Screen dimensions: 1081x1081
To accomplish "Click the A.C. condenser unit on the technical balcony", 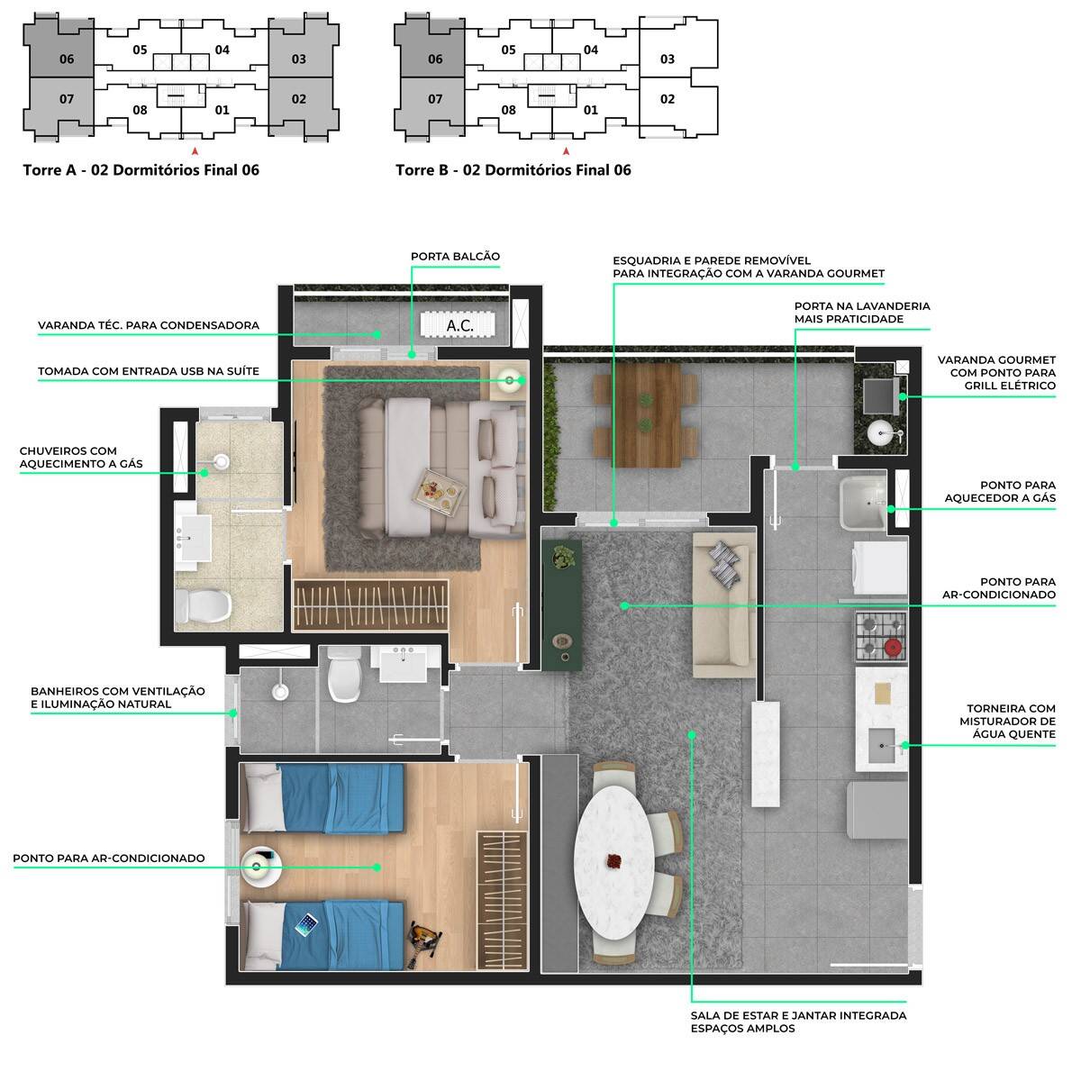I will [459, 325].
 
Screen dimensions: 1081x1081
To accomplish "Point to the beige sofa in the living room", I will [722, 604].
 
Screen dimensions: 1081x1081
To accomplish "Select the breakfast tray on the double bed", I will [439, 494].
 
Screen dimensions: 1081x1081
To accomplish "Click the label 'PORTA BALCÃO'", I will [455, 257].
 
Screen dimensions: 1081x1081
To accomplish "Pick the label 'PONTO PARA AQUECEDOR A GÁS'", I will [999, 492].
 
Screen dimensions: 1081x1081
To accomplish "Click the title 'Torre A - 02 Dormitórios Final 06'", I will [141, 169].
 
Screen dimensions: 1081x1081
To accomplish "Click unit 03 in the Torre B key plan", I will [668, 59].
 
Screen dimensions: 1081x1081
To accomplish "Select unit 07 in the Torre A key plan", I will [67, 99].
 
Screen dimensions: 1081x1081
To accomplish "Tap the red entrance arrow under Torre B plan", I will [566, 151].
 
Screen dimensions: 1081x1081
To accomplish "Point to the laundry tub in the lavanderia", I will [862, 504].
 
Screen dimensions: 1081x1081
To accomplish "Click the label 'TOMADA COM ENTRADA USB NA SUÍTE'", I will [149, 371].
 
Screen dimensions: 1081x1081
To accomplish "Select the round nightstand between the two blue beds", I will [260, 867].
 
